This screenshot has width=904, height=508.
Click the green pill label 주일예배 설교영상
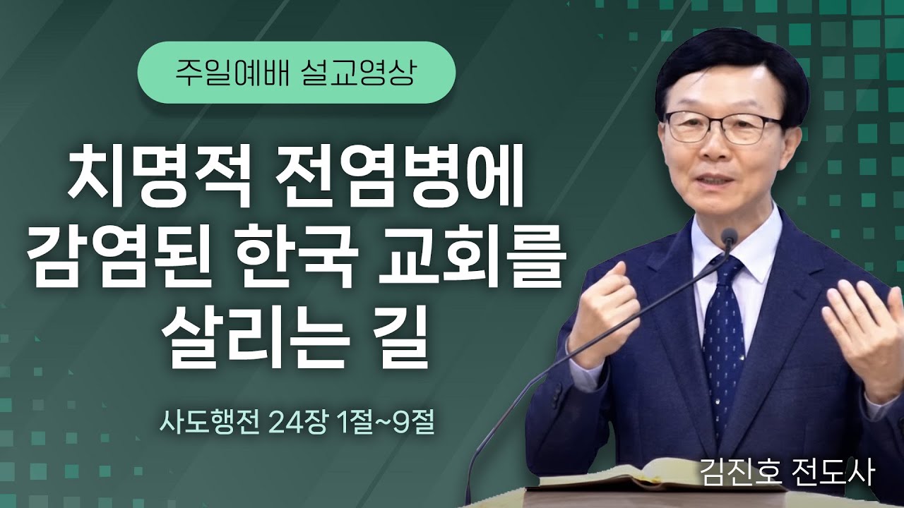coord(295,73)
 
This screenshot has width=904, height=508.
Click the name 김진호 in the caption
coord(737,472)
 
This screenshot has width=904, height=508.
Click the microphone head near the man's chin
coord(730,237)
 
